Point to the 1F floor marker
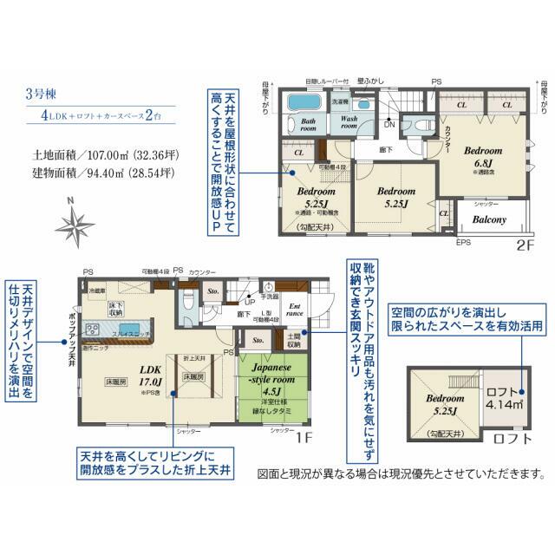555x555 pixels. point(304,438)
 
